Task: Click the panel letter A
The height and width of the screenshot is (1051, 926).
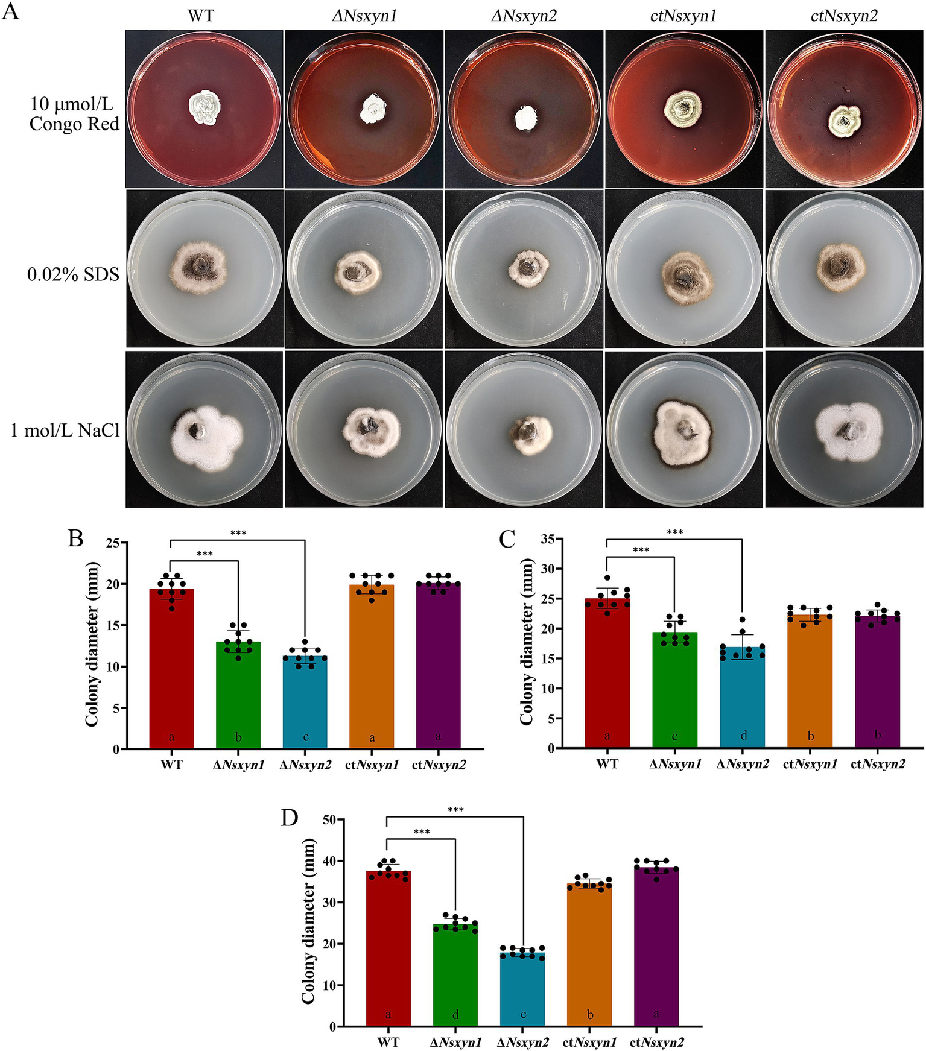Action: coord(10,10)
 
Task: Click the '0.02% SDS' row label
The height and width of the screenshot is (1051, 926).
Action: coord(73,275)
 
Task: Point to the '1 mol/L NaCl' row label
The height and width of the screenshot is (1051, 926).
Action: coord(65,431)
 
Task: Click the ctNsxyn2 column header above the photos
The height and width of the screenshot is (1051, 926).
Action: coord(843,16)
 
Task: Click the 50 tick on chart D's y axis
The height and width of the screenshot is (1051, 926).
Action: coord(329,819)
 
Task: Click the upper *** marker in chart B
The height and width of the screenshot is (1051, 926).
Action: coord(238,533)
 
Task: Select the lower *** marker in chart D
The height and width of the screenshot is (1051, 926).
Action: coord(421,832)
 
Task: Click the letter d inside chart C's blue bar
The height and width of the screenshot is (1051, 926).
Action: coord(743,736)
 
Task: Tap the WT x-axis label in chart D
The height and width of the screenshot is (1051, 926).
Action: coord(388,1042)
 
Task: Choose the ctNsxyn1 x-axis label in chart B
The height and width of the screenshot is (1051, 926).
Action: coord(372,765)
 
